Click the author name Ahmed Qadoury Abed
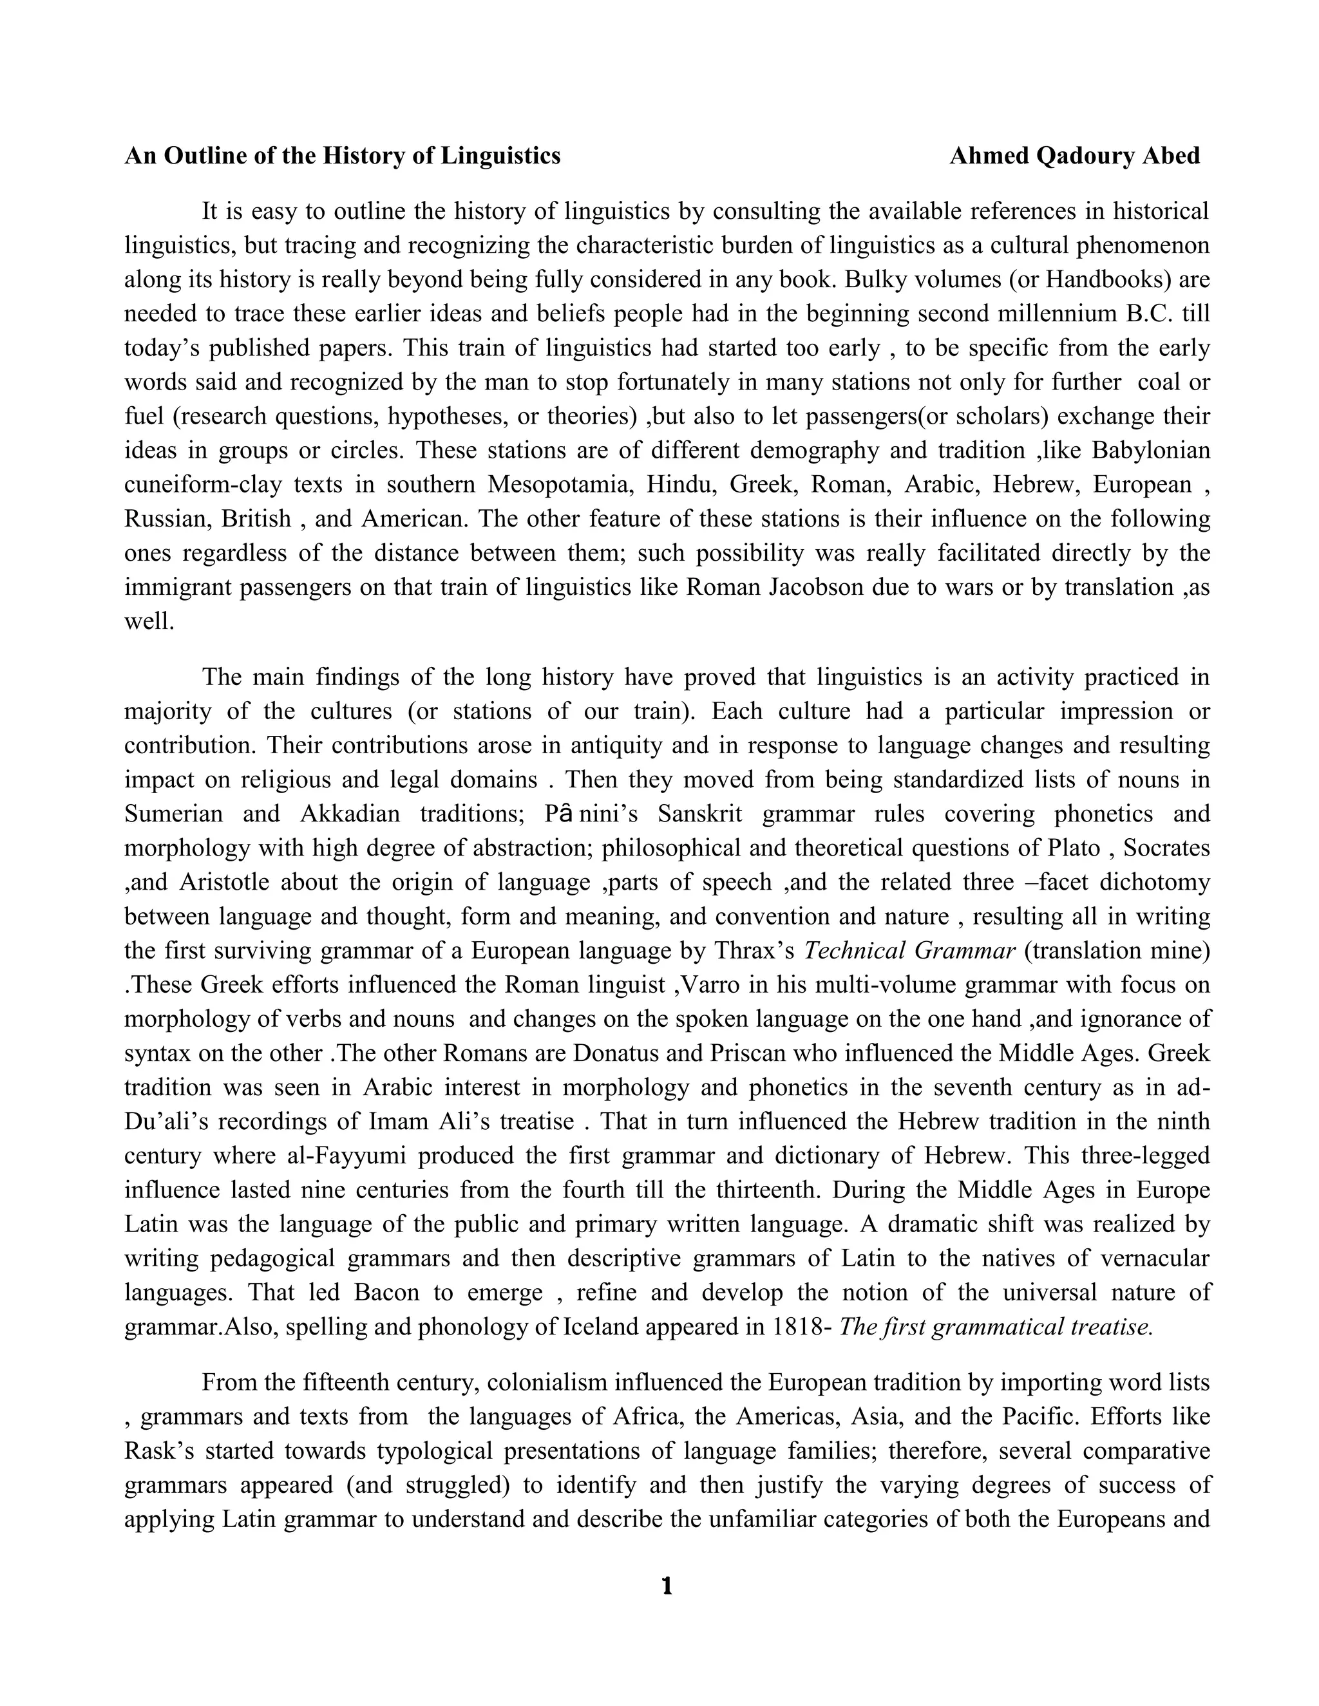pos(1074,156)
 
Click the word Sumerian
pos(173,814)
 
